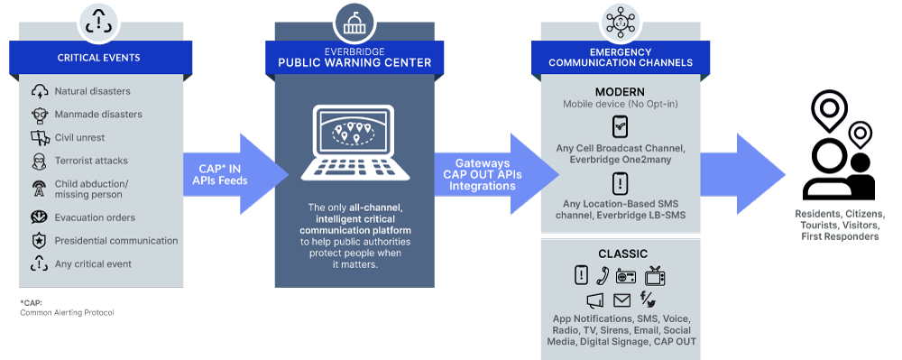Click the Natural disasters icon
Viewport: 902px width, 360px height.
click(x=40, y=91)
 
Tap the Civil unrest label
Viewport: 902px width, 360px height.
click(x=79, y=138)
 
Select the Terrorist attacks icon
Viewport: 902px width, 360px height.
click(x=40, y=161)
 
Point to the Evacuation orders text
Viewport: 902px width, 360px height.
click(x=95, y=217)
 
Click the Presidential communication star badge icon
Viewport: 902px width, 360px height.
click(x=40, y=241)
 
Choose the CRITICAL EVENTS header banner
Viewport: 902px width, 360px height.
click(x=98, y=58)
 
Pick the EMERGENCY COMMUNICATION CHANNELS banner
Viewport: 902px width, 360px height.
click(x=619, y=58)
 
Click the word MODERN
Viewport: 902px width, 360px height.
click(x=619, y=93)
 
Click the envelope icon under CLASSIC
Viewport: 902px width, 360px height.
click(x=621, y=300)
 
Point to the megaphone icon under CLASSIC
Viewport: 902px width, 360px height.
click(x=595, y=300)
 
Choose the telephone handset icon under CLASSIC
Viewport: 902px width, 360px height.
click(x=603, y=276)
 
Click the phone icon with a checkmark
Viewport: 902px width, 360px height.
click(x=620, y=126)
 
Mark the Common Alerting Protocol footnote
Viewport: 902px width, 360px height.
click(x=67, y=308)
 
